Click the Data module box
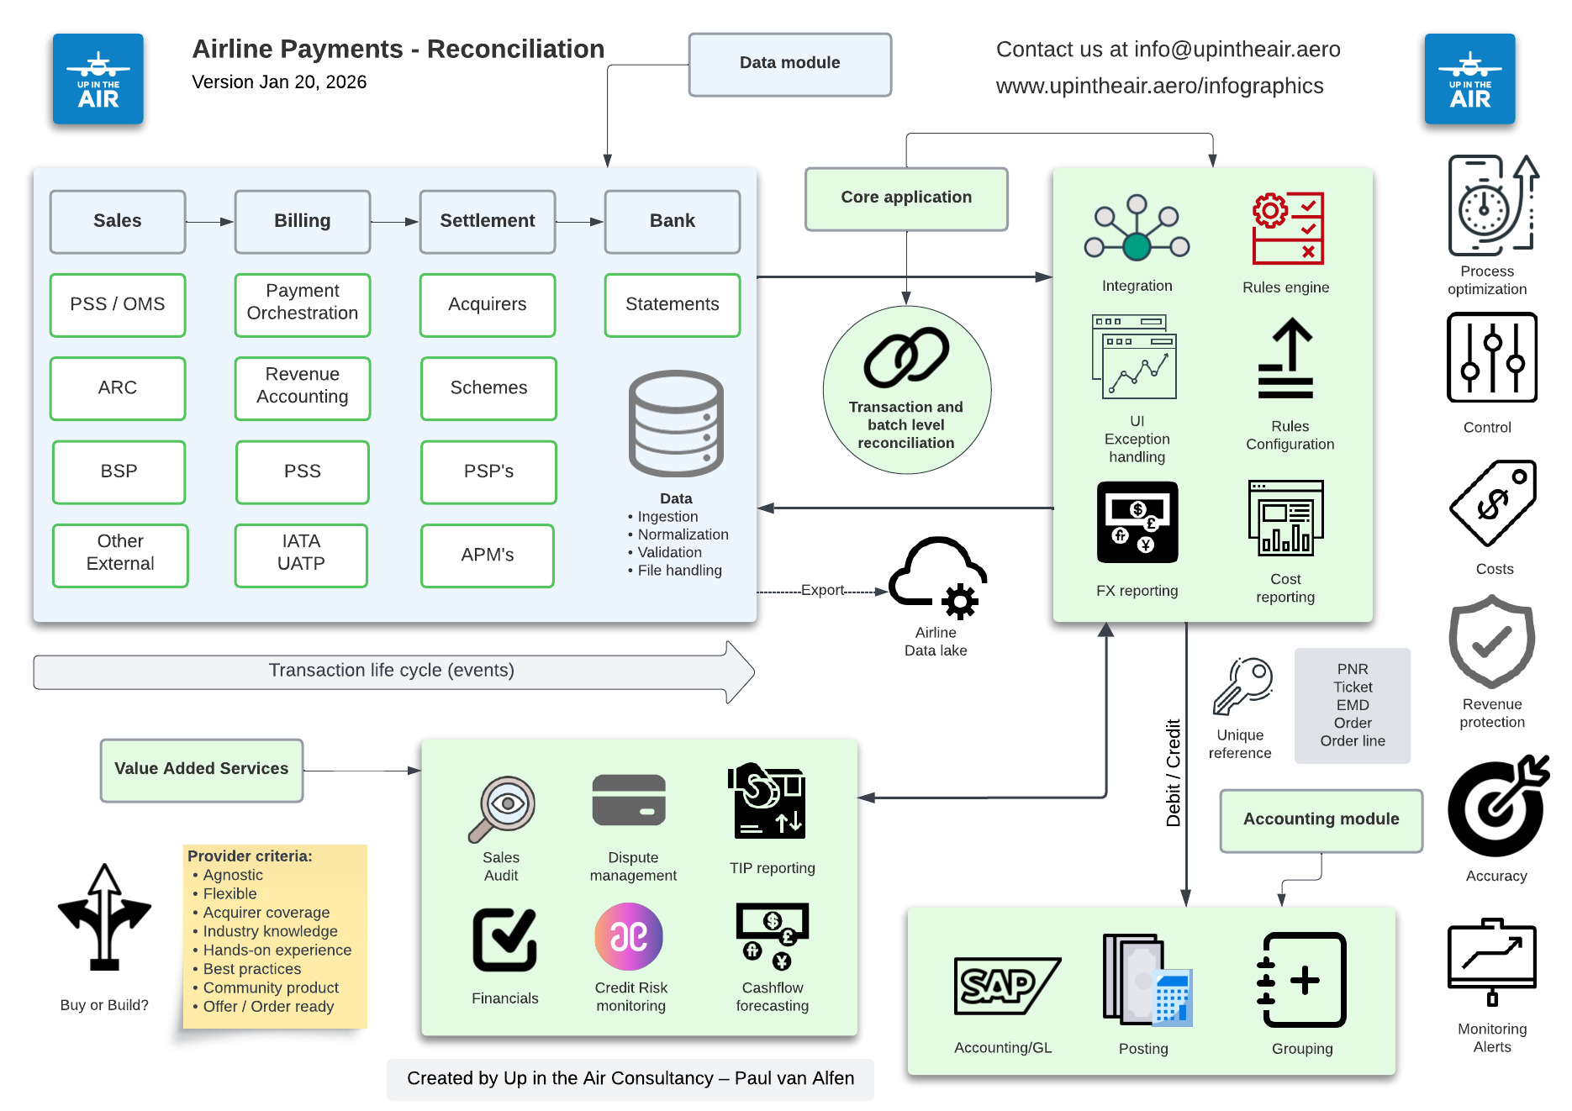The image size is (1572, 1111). pos(789,64)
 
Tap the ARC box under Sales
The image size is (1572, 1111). pos(118,388)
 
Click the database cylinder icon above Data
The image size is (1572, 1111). pos(676,424)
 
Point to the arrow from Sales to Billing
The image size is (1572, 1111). pos(209,222)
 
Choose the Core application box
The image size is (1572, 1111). pos(906,198)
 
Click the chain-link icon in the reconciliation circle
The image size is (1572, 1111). pos(906,357)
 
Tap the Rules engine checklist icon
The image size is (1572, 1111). pos(1287,229)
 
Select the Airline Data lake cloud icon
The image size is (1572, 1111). pos(937,576)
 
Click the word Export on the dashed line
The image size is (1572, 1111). pos(822,590)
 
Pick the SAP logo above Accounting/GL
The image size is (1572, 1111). pos(1005,986)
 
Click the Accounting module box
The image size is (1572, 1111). pos(1321,820)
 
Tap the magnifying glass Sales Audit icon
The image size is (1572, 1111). pos(503,808)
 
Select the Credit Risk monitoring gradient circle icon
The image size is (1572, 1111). pos(629,936)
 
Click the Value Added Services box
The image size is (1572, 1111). pos(202,770)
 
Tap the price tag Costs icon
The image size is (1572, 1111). pos(1494,503)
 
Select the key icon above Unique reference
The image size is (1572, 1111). pos(1242,686)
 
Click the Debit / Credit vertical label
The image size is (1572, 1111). pos(1174,773)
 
